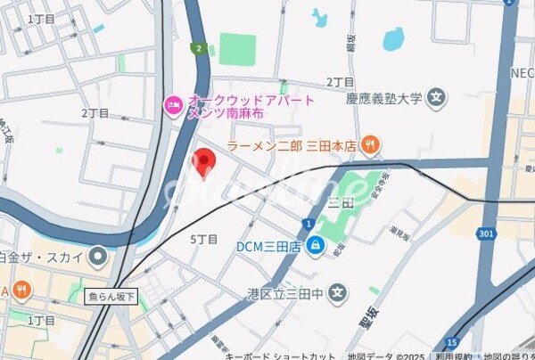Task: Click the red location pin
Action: (x=204, y=162)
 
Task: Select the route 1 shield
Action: (x=307, y=223)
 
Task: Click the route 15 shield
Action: (x=452, y=342)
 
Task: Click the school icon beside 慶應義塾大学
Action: (x=436, y=97)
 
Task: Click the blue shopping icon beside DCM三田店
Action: (x=315, y=246)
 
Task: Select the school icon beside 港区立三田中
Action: (x=337, y=291)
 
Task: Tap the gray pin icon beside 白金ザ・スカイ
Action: (x=97, y=258)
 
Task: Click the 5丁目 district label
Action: (x=204, y=239)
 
